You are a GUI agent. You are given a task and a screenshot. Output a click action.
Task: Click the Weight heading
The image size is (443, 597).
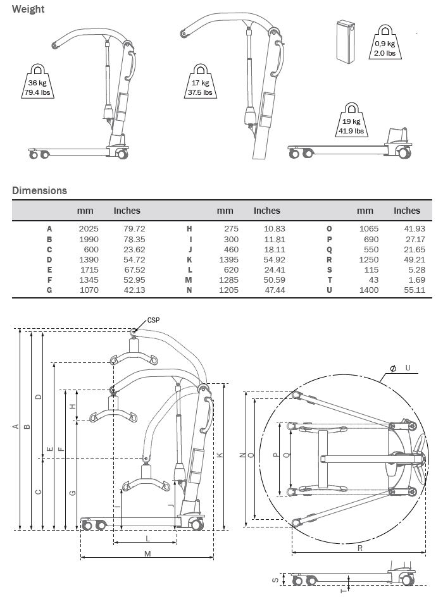(28, 9)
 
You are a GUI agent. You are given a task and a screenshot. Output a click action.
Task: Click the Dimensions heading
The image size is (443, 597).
(39, 190)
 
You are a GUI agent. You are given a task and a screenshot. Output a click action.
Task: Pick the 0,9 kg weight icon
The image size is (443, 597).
(384, 42)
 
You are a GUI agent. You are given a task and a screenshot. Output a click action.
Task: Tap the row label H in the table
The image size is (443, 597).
(189, 228)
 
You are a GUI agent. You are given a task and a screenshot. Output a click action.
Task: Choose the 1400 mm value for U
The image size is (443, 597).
(368, 290)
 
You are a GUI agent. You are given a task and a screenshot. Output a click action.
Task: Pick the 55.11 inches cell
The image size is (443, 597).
(406, 290)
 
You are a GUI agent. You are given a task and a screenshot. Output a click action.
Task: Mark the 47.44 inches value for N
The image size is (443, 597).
(266, 290)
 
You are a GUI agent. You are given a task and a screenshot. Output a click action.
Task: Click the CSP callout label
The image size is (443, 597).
(153, 320)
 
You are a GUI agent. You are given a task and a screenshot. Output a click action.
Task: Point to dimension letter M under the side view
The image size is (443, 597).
(147, 553)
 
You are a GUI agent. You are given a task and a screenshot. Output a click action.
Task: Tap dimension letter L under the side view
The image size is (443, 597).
(147, 538)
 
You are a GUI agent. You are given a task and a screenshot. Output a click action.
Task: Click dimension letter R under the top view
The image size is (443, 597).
(359, 548)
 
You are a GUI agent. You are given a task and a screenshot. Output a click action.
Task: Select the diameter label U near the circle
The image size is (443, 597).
(408, 367)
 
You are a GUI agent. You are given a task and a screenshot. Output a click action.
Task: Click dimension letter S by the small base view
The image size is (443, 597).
(275, 579)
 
